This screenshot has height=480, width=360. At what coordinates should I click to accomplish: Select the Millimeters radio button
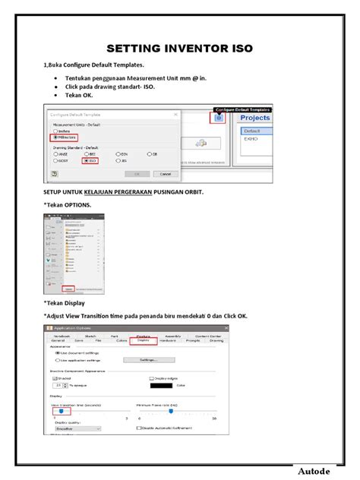pyautogui.click(x=55, y=137)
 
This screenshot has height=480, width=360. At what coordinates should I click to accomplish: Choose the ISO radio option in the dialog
pyautogui.click(x=87, y=160)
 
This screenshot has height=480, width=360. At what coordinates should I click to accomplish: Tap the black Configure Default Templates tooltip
pyautogui.click(x=242, y=109)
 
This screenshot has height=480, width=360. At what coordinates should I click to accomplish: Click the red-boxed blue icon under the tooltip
pyautogui.click(x=219, y=118)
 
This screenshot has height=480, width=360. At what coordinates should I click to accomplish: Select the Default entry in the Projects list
pyautogui.click(x=254, y=130)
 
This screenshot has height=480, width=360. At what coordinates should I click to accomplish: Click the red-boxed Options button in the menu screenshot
pyautogui.click(x=69, y=289)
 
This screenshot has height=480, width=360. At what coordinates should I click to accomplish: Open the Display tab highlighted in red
pyautogui.click(x=142, y=341)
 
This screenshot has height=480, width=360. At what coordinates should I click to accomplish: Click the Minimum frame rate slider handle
pyautogui.click(x=171, y=412)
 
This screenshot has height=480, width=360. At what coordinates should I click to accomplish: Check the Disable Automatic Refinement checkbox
pyautogui.click(x=138, y=428)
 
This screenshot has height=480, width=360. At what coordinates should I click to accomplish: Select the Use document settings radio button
pyautogui.click(x=58, y=352)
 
